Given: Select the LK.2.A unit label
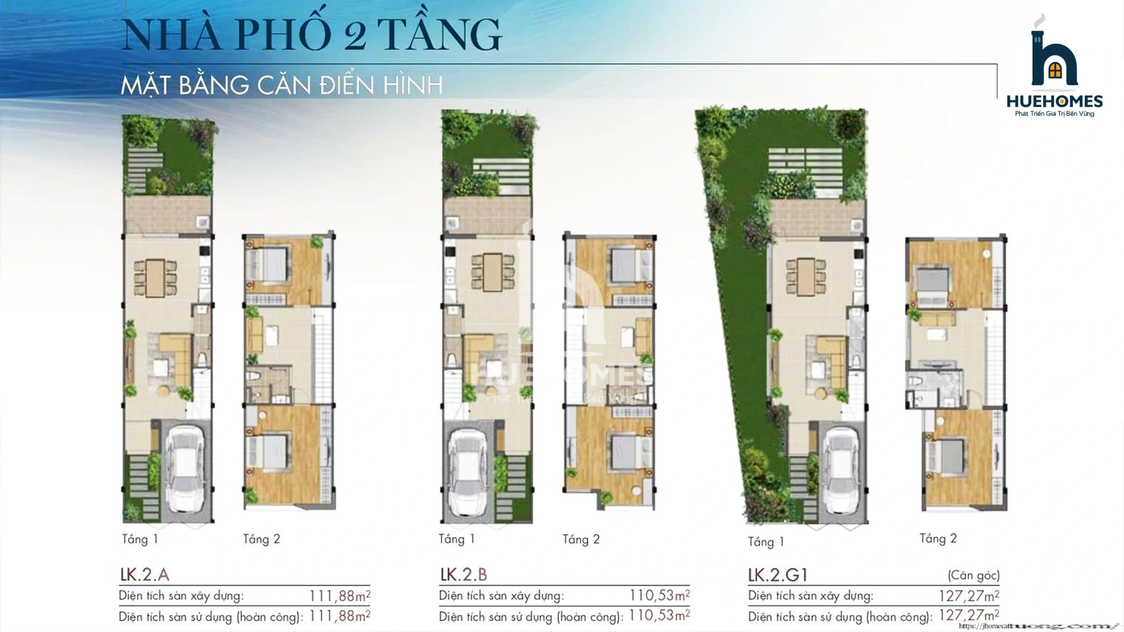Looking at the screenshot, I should click(145, 575).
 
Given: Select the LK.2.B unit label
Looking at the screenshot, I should click(464, 575).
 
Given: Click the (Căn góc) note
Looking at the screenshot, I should click(973, 575).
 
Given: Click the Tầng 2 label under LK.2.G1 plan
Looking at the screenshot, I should click(938, 539).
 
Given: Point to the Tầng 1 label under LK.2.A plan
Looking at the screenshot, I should click(140, 539).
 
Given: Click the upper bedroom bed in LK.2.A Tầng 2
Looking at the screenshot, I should click(267, 263).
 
